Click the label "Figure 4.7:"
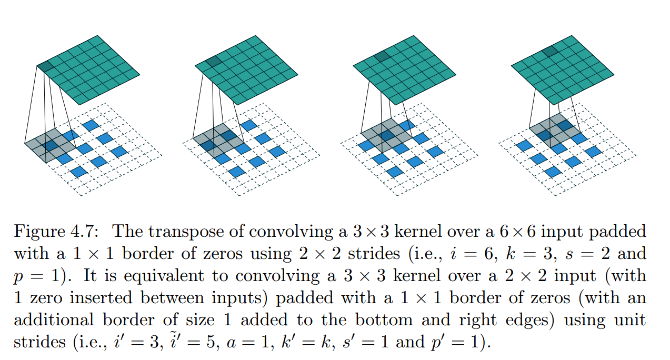[57, 232]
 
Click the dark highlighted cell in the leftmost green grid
[45, 66]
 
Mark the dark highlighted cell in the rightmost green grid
[551, 52]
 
